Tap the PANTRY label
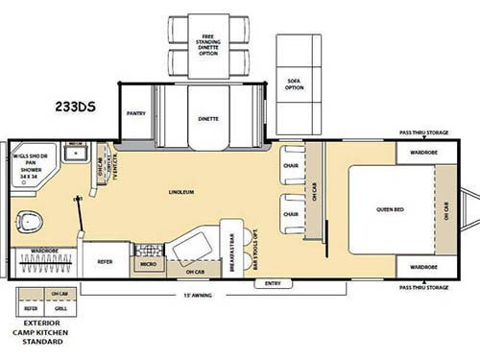(x=135, y=113)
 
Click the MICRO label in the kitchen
(x=149, y=262)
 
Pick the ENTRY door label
(x=272, y=284)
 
